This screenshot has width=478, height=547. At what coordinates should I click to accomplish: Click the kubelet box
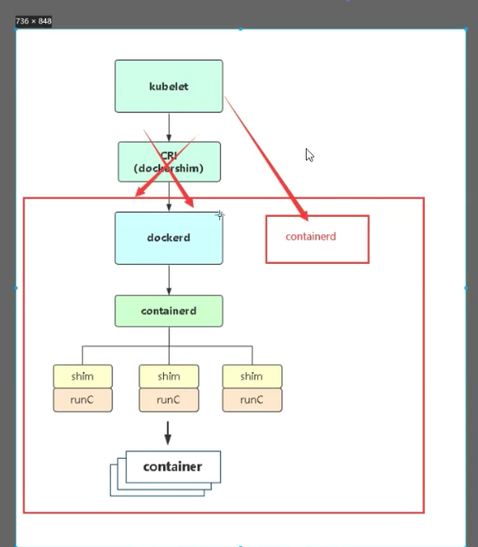pyautogui.click(x=169, y=87)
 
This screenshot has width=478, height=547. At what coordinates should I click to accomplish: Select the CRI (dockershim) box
pyautogui.click(x=169, y=162)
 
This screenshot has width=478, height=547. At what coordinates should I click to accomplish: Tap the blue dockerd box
pyautogui.click(x=169, y=238)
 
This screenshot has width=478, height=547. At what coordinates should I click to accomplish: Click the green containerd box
pyautogui.click(x=169, y=311)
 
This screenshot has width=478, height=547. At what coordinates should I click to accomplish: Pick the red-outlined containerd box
pyautogui.click(x=318, y=239)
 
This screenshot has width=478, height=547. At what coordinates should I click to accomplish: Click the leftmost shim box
pyautogui.click(x=82, y=376)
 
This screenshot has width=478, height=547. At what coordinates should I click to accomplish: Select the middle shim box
pyautogui.click(x=169, y=376)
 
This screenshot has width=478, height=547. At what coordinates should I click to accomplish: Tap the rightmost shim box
pyautogui.click(x=252, y=376)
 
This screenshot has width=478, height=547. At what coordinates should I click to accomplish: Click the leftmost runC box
pyautogui.click(x=82, y=400)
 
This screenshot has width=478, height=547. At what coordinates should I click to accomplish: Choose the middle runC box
pyautogui.click(x=169, y=400)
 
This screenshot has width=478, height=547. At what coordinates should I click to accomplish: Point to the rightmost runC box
pyautogui.click(x=252, y=400)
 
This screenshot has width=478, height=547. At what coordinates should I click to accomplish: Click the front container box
pyautogui.click(x=173, y=467)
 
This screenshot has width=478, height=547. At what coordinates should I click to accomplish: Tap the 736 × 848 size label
pyautogui.click(x=34, y=21)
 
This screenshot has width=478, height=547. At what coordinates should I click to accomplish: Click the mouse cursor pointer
pyautogui.click(x=309, y=155)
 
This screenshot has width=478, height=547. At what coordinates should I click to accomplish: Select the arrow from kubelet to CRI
pyautogui.click(x=169, y=127)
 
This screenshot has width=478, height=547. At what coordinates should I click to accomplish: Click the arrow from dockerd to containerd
pyautogui.click(x=169, y=280)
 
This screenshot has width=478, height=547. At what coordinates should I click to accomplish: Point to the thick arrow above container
pyautogui.click(x=168, y=433)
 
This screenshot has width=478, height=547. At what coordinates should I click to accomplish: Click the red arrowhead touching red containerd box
pyautogui.click(x=302, y=213)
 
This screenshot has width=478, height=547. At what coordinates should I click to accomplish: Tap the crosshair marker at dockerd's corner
pyautogui.click(x=220, y=215)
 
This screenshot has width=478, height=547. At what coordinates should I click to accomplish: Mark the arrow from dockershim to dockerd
pyautogui.click(x=169, y=197)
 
